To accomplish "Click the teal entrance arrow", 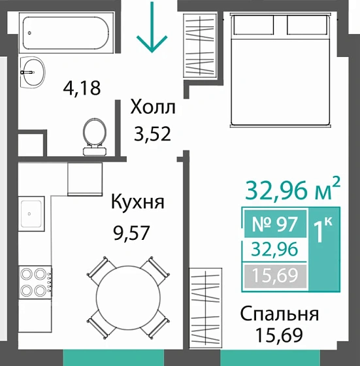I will click(152, 27).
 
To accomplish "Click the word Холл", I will click(153, 107).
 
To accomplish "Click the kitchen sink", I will click(31, 213).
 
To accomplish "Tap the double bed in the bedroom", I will click(278, 69).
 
